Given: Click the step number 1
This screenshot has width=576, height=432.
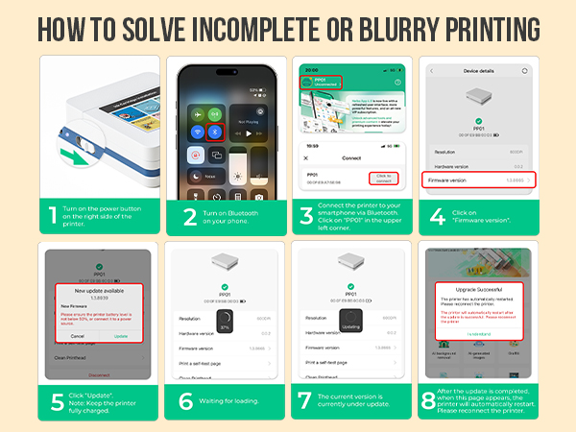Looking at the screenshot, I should point(52,216).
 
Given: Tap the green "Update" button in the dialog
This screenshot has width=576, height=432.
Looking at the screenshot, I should point(120,336).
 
